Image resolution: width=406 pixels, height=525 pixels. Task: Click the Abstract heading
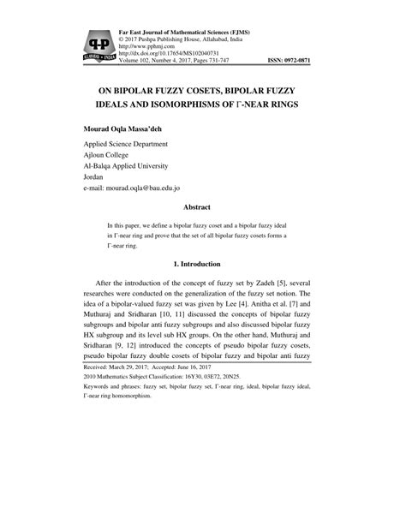point(202,207)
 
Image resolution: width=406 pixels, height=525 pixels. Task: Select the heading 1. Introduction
point(202,264)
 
